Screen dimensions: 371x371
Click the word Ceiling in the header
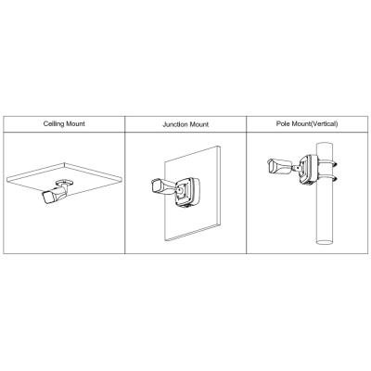tap(53, 124)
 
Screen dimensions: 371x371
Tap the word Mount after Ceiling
tap(75, 123)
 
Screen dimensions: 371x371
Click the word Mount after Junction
tap(199, 124)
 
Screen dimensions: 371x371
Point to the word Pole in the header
tap(283, 123)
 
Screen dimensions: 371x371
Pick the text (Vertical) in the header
tap(324, 124)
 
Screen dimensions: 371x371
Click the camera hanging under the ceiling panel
tap(55, 194)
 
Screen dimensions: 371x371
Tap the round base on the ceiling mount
tap(64, 182)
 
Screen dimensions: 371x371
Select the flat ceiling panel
tap(64, 180)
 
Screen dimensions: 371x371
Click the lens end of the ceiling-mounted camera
tap(46, 198)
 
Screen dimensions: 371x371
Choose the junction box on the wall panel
tap(186, 192)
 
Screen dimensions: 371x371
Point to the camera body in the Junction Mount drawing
tap(163, 186)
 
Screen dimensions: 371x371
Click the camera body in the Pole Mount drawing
tap(279, 167)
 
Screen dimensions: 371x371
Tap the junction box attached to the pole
tap(308, 169)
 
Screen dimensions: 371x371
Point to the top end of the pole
tap(325, 145)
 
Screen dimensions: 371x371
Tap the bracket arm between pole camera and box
tap(295, 169)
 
